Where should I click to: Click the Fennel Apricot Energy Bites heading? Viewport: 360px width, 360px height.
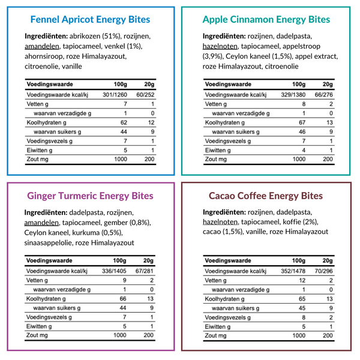pos(90,19)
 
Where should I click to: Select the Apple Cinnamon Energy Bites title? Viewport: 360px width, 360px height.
pos(266,19)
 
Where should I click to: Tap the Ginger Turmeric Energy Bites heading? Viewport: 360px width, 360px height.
pos(90,196)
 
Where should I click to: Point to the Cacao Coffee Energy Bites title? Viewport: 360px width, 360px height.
pos(266,196)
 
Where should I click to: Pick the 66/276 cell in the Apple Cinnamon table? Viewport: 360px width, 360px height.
pos(323,94)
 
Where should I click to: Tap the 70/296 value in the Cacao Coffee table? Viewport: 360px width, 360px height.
pos(323,271)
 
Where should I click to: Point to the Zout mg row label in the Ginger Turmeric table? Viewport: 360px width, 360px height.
pos(36,336)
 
